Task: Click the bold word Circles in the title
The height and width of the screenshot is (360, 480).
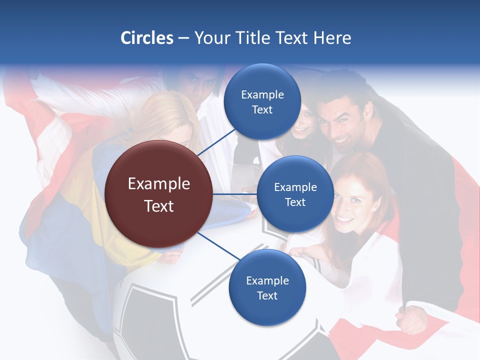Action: pyautogui.click(x=146, y=38)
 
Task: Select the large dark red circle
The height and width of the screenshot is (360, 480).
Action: pyautogui.click(x=158, y=194)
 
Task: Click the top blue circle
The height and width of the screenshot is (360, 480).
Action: pyautogui.click(x=262, y=102)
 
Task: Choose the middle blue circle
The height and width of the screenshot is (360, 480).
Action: pyautogui.click(x=295, y=194)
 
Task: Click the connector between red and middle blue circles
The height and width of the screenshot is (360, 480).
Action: pyautogui.click(x=235, y=194)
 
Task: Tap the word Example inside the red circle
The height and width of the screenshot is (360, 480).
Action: pyautogui.click(x=158, y=184)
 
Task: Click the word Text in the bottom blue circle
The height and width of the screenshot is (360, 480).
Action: pyautogui.click(x=267, y=295)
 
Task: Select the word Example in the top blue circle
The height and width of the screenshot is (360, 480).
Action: pyautogui.click(x=262, y=94)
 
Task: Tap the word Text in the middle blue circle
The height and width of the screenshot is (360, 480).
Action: pyautogui.click(x=295, y=202)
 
